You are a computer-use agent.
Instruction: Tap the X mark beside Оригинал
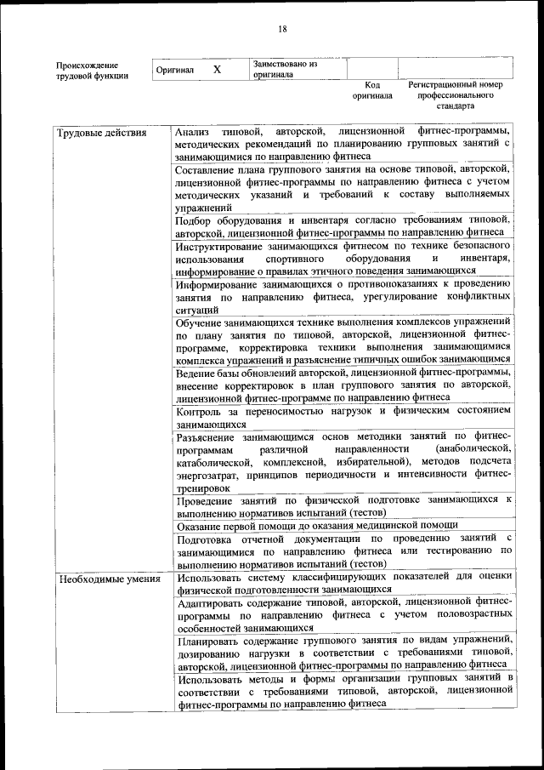[217, 70]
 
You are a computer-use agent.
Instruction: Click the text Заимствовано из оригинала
[285, 69]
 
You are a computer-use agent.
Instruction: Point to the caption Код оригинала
[372, 90]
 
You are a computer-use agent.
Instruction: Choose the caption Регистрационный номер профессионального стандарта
[455, 95]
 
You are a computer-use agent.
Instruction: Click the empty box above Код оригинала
[371, 68]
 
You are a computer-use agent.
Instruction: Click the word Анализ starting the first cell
[193, 134]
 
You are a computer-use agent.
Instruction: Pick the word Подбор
[195, 221]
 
